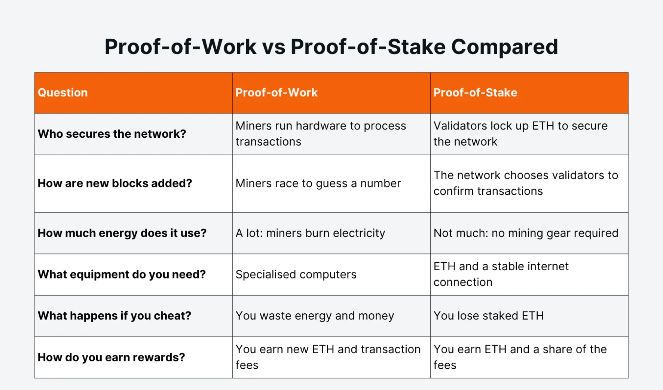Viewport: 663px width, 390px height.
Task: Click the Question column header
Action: (63, 92)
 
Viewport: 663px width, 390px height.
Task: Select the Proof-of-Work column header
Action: (276, 92)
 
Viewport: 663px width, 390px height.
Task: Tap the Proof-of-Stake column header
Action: (475, 92)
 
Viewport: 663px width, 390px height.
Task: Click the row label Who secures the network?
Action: (112, 134)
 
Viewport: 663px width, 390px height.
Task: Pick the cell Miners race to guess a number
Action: (318, 183)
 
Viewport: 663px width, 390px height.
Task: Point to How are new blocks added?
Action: (115, 183)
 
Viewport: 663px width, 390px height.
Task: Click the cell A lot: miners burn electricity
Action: (310, 233)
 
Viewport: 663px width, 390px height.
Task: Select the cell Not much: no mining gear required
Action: (526, 233)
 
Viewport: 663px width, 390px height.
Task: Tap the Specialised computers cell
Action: (296, 274)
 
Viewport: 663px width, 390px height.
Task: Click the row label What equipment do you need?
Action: (122, 274)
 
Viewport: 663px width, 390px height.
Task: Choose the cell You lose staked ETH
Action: (488, 316)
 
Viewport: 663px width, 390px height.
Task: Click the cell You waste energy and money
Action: (315, 316)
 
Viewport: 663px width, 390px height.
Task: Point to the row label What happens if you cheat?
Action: (114, 316)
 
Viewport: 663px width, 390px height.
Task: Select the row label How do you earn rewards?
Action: (111, 357)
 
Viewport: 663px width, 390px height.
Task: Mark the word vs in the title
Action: (274, 47)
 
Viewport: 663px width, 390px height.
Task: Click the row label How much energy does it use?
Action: (122, 233)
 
